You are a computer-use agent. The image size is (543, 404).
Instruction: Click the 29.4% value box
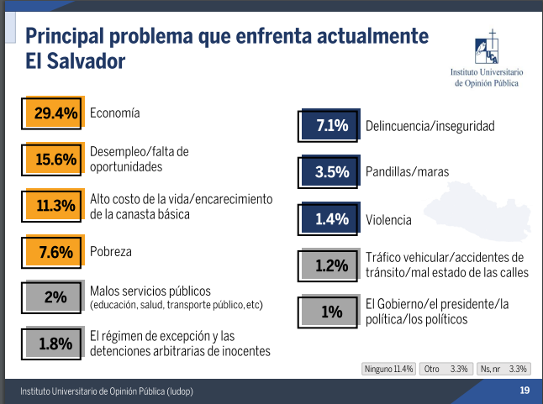click(55, 113)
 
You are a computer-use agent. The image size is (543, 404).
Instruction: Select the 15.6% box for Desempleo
click(55, 159)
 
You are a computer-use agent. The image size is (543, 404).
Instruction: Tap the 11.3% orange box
click(55, 206)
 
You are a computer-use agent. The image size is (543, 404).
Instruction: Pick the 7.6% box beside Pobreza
click(55, 251)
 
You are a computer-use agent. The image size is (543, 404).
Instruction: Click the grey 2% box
click(55, 296)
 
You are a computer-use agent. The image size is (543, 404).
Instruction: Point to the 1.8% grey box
click(55, 343)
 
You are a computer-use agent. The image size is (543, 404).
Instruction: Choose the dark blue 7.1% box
click(331, 127)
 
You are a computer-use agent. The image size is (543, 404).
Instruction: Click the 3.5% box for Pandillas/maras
click(331, 172)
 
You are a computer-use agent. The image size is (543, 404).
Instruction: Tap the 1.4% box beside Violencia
click(331, 219)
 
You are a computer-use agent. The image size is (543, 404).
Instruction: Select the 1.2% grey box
click(331, 265)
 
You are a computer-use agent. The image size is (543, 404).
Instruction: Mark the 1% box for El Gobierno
click(331, 312)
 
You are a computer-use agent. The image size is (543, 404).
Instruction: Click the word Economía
click(114, 113)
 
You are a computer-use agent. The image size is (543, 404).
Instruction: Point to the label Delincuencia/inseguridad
click(430, 127)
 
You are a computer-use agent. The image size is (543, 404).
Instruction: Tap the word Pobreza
click(111, 251)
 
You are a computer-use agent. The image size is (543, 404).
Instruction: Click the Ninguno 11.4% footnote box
click(388, 368)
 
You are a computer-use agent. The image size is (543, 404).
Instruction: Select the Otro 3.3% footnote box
click(446, 368)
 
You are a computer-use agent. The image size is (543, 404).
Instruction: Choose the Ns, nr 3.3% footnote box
click(503, 368)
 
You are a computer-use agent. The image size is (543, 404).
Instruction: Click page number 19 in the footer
click(524, 391)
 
